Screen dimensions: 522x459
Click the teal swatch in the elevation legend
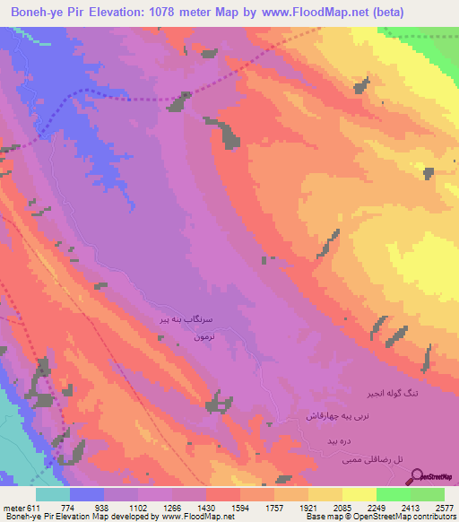click(53, 494)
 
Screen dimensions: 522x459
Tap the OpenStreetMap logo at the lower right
click(434, 476)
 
